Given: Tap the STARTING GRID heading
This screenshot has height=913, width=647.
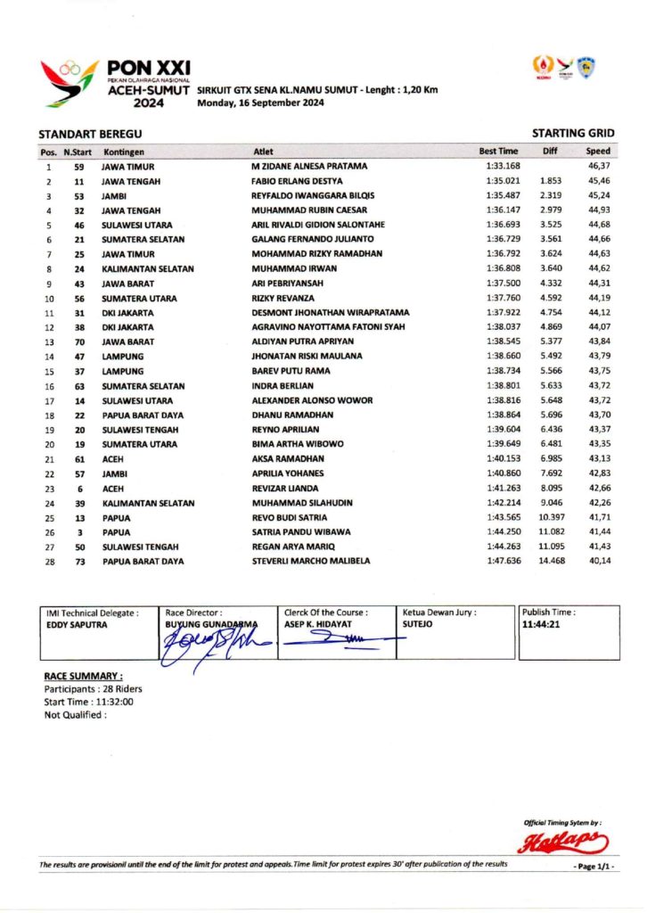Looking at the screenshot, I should [x=573, y=133].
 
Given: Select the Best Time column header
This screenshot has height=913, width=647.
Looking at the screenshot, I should [x=498, y=152].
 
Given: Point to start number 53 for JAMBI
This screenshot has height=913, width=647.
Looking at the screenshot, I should [x=78, y=195].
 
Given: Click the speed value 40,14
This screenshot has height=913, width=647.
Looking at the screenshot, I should [x=599, y=561].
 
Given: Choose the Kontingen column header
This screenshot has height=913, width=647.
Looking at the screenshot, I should [x=124, y=152].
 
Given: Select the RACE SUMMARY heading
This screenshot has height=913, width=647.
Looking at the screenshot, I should [x=84, y=677].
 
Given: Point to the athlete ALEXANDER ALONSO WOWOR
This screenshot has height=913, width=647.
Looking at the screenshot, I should [x=312, y=400].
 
